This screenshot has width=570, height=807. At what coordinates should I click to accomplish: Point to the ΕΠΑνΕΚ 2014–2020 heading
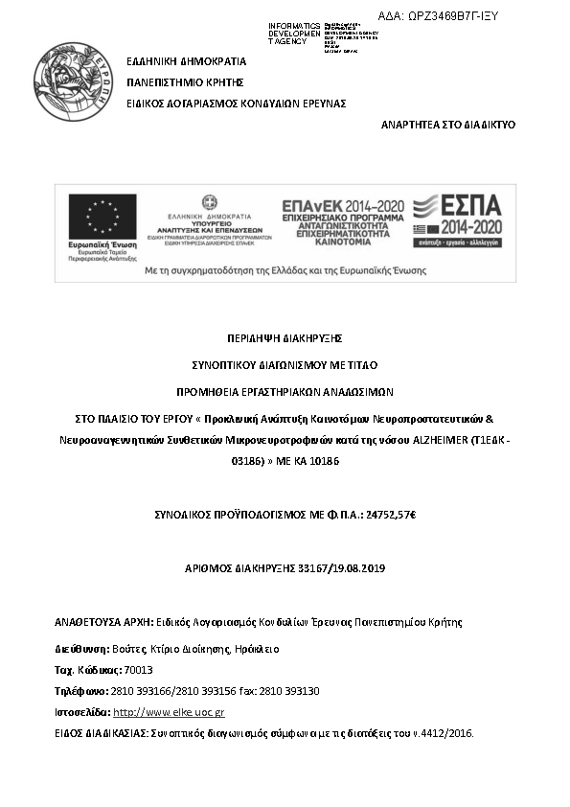(x=341, y=206)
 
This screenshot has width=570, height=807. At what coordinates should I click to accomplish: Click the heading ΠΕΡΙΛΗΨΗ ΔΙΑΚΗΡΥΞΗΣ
(x=285, y=338)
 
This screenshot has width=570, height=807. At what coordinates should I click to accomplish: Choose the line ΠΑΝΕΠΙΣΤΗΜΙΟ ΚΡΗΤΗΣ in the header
(x=186, y=81)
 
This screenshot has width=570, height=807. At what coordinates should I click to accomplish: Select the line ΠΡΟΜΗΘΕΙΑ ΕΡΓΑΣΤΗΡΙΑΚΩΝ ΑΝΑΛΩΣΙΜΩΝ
(x=285, y=392)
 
